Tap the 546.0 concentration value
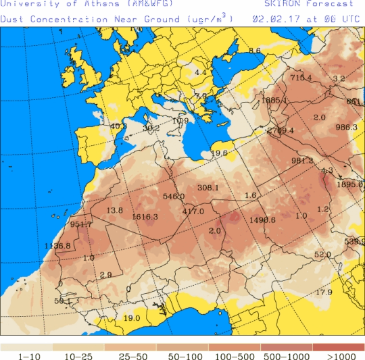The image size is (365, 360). pyautogui.click(x=174, y=197)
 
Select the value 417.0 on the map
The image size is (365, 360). pyautogui.click(x=193, y=211)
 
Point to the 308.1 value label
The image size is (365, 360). pyautogui.click(x=208, y=188)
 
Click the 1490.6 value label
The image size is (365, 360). pyautogui.click(x=262, y=220)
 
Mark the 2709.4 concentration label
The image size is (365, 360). pyautogui.click(x=281, y=130)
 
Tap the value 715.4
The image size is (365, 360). pyautogui.click(x=301, y=78)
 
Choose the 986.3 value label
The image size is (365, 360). pyautogui.click(x=346, y=127)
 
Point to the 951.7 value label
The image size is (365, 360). pyautogui.click(x=80, y=224)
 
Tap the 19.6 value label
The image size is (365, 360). pyautogui.click(x=219, y=153)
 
